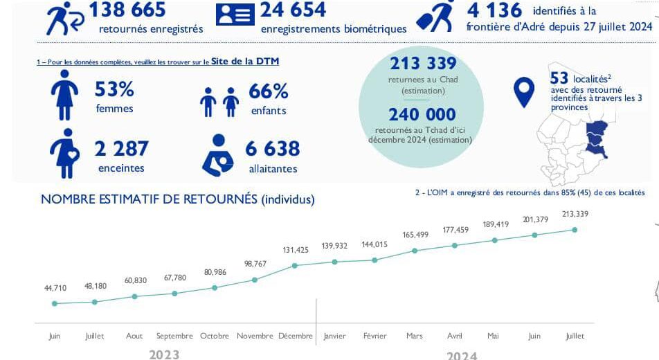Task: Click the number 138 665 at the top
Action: [x=127, y=10]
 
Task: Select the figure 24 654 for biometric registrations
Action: [x=293, y=10]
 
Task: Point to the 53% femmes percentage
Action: [x=114, y=90]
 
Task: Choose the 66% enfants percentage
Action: [x=268, y=91]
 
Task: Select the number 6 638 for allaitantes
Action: [x=272, y=149]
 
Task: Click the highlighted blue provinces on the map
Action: [x=595, y=137]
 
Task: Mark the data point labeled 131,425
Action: [x=295, y=265]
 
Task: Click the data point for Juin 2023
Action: [x=54, y=303]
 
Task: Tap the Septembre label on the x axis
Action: [x=174, y=336]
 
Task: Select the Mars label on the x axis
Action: [x=414, y=336]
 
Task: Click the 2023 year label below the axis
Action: [x=164, y=354]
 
